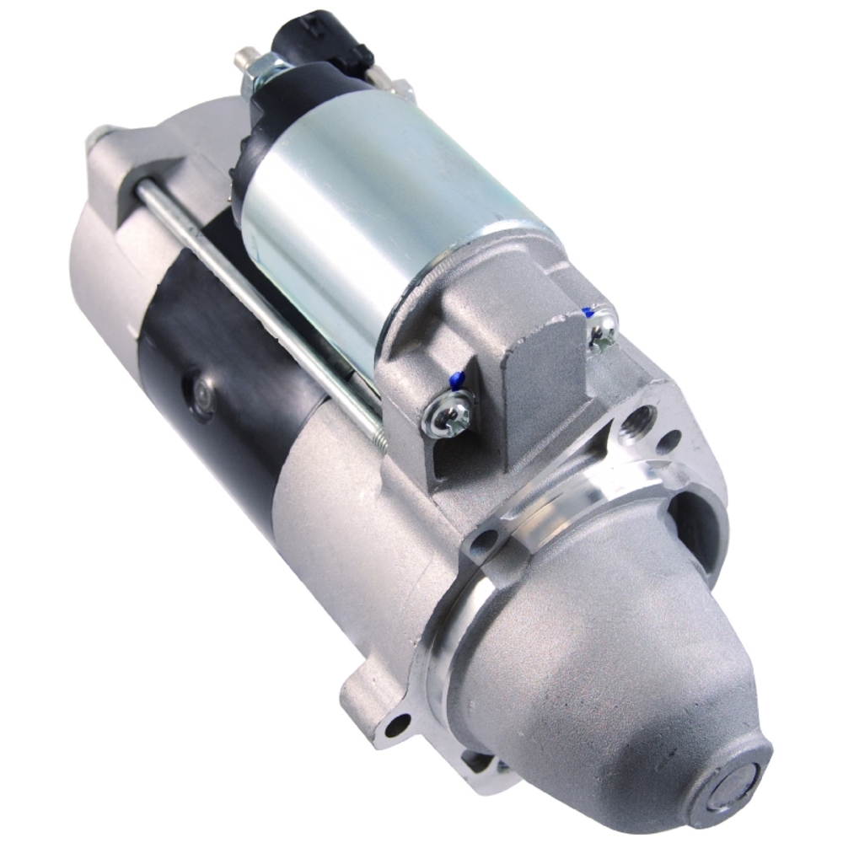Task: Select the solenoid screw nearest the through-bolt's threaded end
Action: pyautogui.click(x=446, y=414)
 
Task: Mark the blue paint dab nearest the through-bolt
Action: pyautogui.click(x=456, y=381)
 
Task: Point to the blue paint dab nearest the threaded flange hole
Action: pyautogui.click(x=588, y=313)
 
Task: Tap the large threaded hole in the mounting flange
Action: pyautogui.click(x=638, y=421)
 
